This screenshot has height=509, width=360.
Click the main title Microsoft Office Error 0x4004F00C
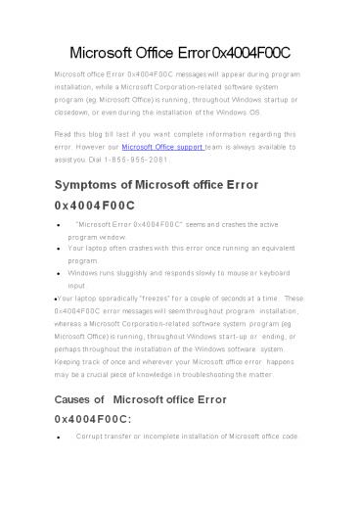[180, 51]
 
